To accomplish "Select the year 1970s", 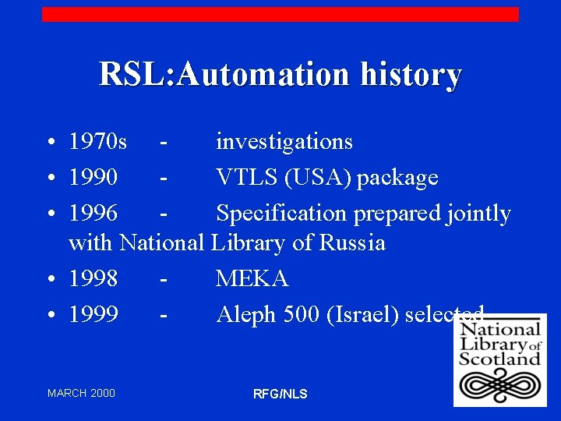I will coord(98,142).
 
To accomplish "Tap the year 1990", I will coord(93,178).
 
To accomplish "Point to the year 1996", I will coord(93,213).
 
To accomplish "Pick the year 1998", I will coord(93,278).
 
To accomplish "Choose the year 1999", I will coord(93,314).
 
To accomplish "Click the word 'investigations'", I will coord(284,142).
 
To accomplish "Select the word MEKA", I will coord(252,278).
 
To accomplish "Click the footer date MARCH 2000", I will coord(81,393).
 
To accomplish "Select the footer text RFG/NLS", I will coord(280,394).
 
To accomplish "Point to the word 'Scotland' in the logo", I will coord(499,359).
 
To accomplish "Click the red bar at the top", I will coord(280,14).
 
